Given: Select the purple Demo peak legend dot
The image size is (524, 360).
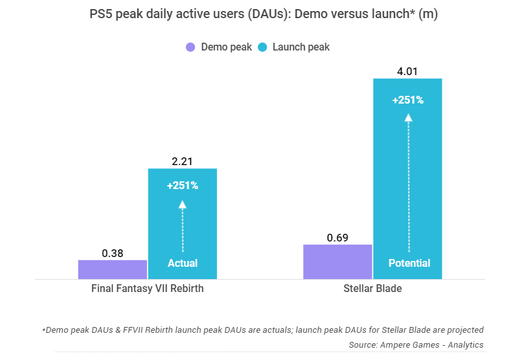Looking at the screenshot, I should click(190, 47).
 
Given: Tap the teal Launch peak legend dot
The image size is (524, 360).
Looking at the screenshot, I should click(262, 47).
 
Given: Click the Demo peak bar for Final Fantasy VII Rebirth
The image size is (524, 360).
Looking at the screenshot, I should click(113, 269).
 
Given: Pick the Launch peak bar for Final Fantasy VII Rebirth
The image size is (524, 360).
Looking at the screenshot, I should click(183, 223).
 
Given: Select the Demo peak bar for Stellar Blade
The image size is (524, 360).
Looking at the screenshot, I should click(337, 262).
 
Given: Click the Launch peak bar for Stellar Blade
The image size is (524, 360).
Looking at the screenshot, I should click(408, 179).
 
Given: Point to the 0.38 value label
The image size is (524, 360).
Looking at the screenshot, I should click(113, 253).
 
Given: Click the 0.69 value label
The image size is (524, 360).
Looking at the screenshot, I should click(337, 238).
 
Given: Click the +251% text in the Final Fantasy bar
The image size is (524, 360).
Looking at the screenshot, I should click(183, 186).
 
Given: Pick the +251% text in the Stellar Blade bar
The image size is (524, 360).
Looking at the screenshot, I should click(408, 100).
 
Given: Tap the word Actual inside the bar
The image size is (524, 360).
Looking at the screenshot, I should click(183, 264).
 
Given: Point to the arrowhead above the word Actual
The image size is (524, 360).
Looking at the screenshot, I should click(183, 204).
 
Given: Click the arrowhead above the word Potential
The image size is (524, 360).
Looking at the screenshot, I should click(408, 118).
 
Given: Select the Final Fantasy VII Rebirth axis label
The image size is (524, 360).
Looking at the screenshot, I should click(148, 289).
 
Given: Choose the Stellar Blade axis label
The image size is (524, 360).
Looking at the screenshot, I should click(372, 289).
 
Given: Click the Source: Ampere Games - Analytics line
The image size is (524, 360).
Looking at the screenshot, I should click(416, 344).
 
